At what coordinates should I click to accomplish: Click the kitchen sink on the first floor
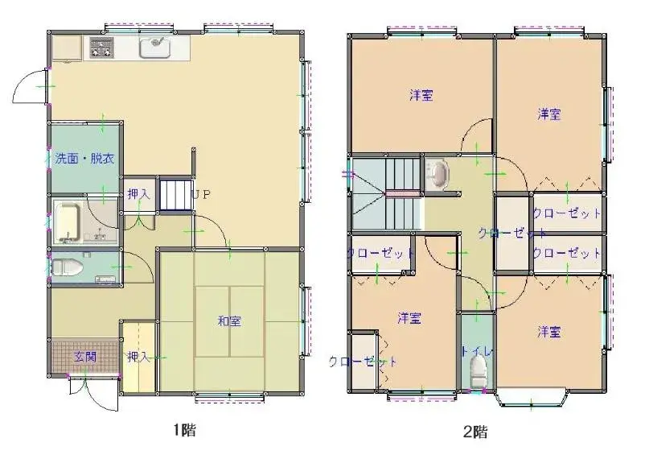coord(155,48)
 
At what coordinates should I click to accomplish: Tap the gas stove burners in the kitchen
coord(101,48)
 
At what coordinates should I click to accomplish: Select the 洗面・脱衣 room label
coord(84,159)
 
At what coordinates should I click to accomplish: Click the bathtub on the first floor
coord(68,223)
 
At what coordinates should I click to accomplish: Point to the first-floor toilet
coord(66,267)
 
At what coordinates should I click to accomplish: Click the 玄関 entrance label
coord(85,356)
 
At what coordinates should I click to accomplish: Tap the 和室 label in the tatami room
coord(229,321)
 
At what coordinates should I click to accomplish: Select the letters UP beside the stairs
coord(201,195)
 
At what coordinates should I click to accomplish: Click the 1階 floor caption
coord(184,431)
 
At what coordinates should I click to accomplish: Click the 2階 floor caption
coord(475,432)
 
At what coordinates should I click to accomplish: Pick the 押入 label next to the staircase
coord(138,194)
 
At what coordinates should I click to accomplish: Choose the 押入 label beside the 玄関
coord(138,356)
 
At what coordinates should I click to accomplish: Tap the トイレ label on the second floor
coord(477,351)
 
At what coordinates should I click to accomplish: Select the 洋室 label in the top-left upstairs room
coord(421,95)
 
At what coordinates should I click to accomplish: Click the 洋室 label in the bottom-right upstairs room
coord(549,332)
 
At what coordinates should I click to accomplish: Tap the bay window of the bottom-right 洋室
coord(532,398)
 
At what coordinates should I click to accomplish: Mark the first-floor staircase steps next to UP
coord(176,195)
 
